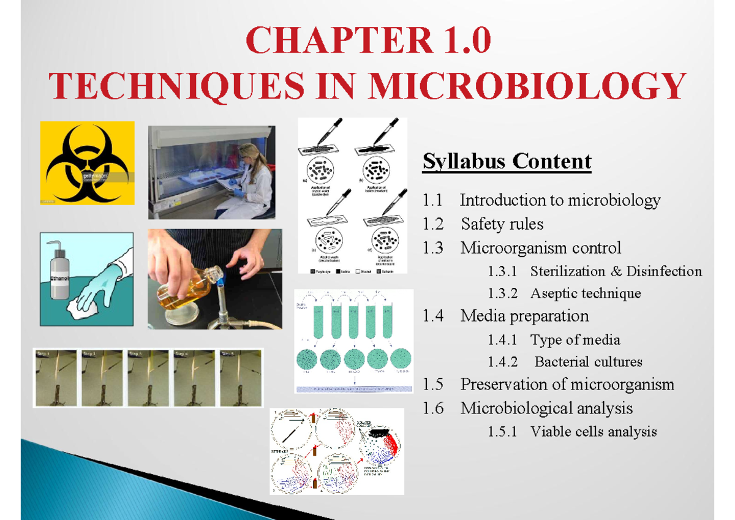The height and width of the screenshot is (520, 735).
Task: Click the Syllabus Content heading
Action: click(507, 161)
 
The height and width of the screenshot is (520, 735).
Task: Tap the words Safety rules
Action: click(502, 224)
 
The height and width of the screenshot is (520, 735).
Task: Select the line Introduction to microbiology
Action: click(560, 200)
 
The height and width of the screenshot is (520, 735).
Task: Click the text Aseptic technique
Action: click(585, 293)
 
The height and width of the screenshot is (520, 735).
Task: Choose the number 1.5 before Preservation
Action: click(432, 385)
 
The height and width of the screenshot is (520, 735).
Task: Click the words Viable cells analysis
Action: click(593, 432)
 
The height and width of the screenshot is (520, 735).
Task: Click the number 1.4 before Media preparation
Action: click(432, 316)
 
